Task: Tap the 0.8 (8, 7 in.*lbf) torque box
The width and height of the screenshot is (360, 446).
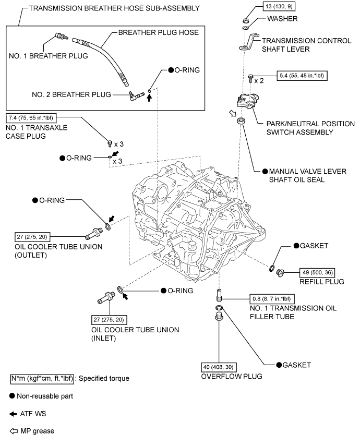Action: (x=271, y=299)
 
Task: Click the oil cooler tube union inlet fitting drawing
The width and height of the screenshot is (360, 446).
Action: (x=107, y=298)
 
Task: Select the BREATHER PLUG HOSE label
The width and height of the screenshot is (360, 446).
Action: (x=158, y=32)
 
